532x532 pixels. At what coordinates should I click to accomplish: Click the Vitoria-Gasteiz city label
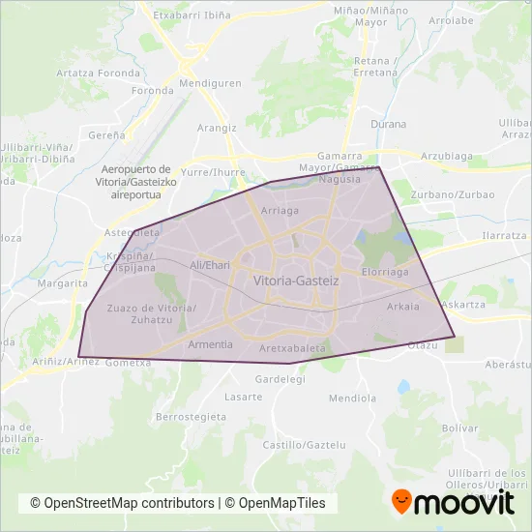coord(295,281)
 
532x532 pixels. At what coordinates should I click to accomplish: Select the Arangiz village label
coord(218,127)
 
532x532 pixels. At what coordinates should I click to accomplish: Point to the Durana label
coord(388,124)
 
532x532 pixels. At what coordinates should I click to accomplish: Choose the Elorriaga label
coord(386,273)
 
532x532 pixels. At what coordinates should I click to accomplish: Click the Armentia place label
coord(210,344)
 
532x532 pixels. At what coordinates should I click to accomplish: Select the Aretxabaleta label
coord(296,347)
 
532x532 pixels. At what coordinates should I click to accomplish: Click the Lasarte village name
coord(243,397)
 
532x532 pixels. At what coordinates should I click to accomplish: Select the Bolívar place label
coord(432,427)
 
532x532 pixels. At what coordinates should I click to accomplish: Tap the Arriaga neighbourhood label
coord(280,209)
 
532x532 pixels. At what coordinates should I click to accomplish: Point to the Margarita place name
coord(62,283)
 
